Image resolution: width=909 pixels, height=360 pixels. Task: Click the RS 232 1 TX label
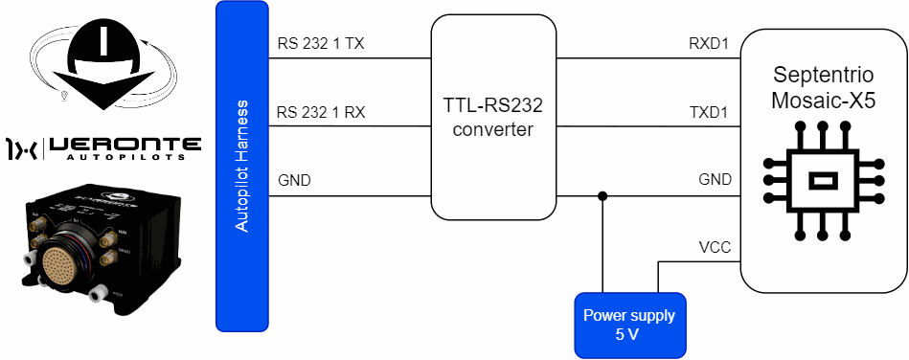(321, 44)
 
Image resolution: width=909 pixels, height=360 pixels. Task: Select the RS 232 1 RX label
(321, 112)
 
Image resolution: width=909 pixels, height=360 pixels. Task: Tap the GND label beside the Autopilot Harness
(294, 180)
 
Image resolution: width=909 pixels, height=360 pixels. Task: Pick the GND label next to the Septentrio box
(715, 180)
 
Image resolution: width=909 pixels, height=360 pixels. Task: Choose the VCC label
(716, 248)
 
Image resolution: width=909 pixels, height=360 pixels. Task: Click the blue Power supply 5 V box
(629, 326)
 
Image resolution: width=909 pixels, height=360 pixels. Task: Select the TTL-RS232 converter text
(492, 118)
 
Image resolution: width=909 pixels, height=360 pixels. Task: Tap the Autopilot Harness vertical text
(241, 167)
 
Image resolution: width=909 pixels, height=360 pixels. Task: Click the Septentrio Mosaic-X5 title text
(824, 88)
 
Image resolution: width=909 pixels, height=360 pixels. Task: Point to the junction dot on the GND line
(602, 196)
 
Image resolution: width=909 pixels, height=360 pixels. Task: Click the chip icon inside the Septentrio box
(823, 180)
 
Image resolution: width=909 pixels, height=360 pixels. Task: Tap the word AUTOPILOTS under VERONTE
(125, 157)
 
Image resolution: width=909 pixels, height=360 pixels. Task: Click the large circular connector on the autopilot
(65, 260)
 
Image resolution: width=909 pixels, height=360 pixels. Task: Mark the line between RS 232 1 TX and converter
(351, 58)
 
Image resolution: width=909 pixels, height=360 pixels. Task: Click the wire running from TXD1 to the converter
(648, 126)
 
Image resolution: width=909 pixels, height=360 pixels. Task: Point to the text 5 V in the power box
(629, 335)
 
